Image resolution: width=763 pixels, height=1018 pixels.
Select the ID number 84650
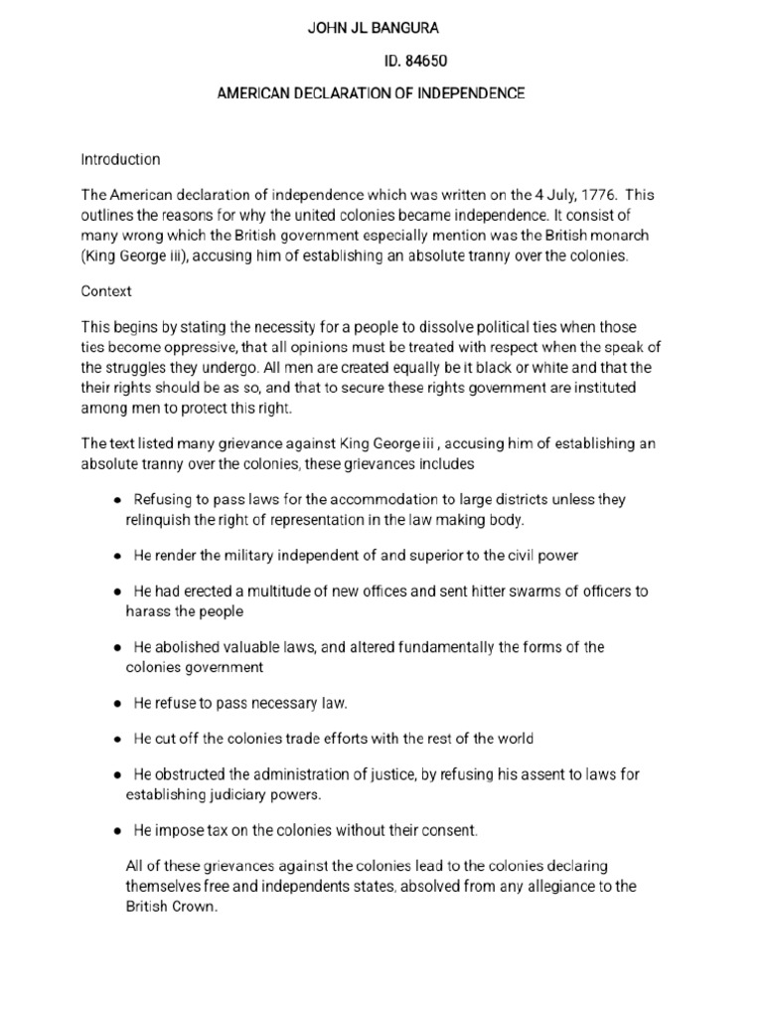pyautogui.click(x=427, y=61)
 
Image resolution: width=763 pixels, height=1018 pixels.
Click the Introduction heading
pyautogui.click(x=119, y=159)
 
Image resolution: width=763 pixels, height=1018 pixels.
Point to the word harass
pyautogui.click(x=148, y=611)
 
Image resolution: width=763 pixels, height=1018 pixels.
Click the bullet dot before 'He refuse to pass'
pyautogui.click(x=118, y=704)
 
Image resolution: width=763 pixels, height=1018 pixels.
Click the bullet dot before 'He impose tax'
pyautogui.click(x=118, y=830)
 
